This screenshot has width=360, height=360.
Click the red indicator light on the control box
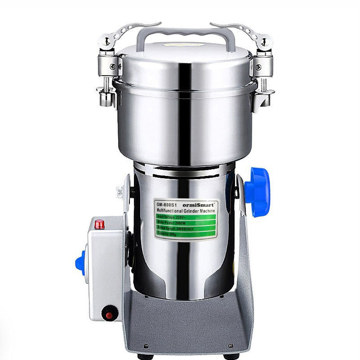click(x=100, y=225)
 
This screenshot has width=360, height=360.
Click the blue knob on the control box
click(x=80, y=263)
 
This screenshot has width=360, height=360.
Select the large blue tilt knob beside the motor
click(x=258, y=192)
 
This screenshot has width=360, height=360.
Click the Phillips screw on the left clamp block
click(x=113, y=66)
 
